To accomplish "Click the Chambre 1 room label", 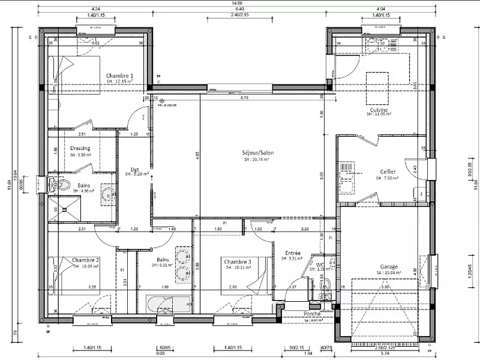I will [x=119, y=76].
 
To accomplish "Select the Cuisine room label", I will [x=379, y=110].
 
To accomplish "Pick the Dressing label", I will [x=80, y=148].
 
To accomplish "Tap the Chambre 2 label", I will [x=85, y=260].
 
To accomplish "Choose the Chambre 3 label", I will [x=238, y=262].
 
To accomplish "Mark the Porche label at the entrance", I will [x=312, y=314].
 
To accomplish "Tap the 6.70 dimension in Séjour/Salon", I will [x=245, y=97].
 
